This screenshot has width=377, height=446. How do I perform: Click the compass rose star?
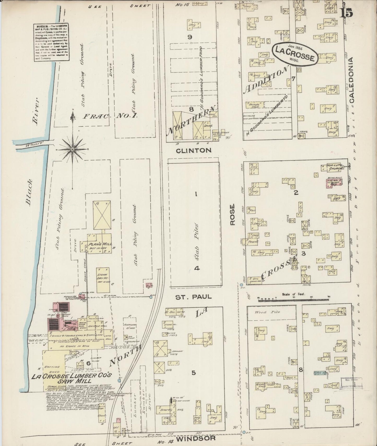72,149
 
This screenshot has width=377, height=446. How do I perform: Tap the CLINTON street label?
194,151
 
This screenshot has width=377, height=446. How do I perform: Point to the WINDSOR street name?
196,438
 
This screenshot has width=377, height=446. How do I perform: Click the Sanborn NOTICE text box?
51,43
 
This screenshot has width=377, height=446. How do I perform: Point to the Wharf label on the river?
31,145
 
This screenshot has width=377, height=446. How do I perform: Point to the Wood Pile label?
271,312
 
